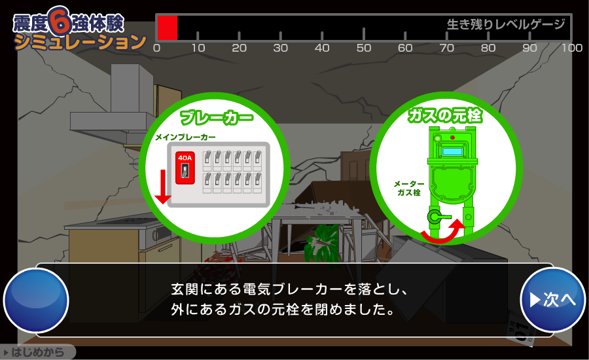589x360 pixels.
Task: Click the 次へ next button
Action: point(552,300)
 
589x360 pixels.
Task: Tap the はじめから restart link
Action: point(37,352)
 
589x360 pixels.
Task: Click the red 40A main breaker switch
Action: point(185,168)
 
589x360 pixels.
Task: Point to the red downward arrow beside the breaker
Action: point(163,187)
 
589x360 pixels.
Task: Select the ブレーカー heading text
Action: point(217,117)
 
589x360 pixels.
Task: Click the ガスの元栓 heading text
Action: point(445,115)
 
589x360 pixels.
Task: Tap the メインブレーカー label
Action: point(186,137)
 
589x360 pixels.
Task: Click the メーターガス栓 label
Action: point(408,189)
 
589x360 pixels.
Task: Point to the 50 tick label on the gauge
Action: point(364,48)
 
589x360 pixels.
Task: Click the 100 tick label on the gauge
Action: point(572,48)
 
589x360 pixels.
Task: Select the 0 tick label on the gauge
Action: point(157,48)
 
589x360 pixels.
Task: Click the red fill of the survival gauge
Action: point(167,27)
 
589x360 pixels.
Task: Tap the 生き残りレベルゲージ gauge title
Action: point(506,24)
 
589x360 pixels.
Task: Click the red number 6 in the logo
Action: point(60,21)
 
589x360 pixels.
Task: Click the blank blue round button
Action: point(36,300)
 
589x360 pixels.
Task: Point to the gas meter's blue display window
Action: point(452,152)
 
